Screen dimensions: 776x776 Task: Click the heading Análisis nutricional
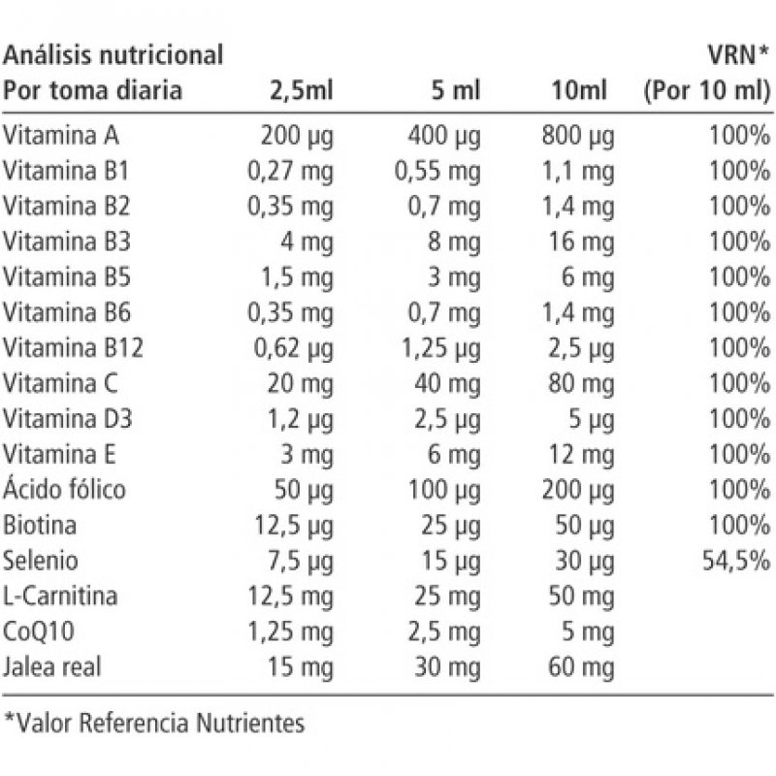pyautogui.click(x=114, y=54)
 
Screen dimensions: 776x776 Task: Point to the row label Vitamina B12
pyautogui.click(x=73, y=347)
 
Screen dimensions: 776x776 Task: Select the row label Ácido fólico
pyautogui.click(x=65, y=489)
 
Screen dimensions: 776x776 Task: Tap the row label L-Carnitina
pyautogui.click(x=61, y=596)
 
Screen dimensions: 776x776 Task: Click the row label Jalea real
pyautogui.click(x=53, y=666)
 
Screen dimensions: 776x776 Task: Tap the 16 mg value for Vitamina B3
pyautogui.click(x=582, y=241)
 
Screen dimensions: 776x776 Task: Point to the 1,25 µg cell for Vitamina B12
pyautogui.click(x=440, y=347)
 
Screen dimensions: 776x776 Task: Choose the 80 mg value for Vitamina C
pyautogui.click(x=581, y=382)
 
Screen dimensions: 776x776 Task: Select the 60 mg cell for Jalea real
pyautogui.click(x=581, y=666)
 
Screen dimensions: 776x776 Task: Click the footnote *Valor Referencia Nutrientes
pyautogui.click(x=154, y=723)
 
